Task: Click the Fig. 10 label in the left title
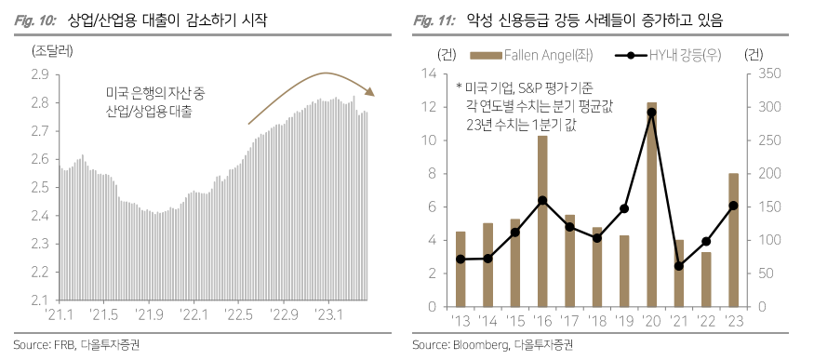tap(35, 19)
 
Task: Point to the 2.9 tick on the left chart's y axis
tap(40, 73)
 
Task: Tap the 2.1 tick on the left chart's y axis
tap(40, 300)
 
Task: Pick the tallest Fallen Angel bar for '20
tap(651, 204)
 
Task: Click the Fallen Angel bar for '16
tap(542, 220)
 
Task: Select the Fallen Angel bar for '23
tap(733, 239)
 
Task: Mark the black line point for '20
tap(651, 112)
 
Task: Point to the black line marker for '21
tap(678, 266)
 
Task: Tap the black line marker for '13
tap(460, 259)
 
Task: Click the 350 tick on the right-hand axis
tap(759, 73)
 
